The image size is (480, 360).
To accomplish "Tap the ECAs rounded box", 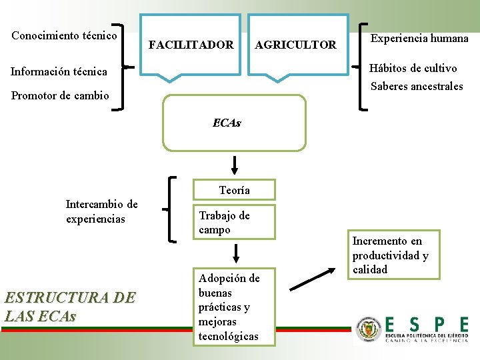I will [x=234, y=123].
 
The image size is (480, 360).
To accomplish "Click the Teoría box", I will [x=234, y=191].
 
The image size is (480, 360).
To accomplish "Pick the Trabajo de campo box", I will [x=234, y=222].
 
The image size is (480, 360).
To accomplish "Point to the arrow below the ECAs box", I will [x=235, y=165].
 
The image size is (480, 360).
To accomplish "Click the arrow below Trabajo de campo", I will [x=235, y=253].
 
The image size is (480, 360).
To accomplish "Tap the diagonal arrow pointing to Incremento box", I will [x=314, y=279].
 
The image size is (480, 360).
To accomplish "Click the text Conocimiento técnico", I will [x=65, y=35].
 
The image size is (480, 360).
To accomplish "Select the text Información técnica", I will [x=59, y=71].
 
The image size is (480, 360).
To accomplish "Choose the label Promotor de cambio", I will [x=60, y=95].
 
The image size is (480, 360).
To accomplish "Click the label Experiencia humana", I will [x=419, y=39].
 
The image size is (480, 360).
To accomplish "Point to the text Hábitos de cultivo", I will [x=413, y=69].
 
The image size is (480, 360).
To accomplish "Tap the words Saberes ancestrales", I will [x=417, y=86].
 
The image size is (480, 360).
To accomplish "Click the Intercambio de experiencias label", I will [x=101, y=211].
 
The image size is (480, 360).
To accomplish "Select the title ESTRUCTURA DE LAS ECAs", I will [x=70, y=306].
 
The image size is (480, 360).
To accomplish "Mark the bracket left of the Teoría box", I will [x=172, y=208].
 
